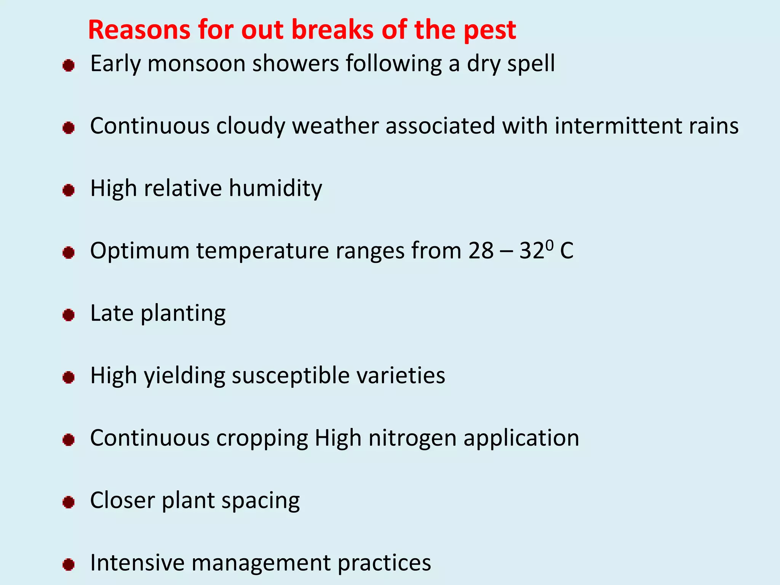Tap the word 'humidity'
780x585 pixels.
(275, 189)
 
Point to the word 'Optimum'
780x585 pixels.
(140, 252)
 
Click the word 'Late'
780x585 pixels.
(112, 313)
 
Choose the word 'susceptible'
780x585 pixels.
(291, 377)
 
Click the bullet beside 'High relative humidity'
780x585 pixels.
(69, 190)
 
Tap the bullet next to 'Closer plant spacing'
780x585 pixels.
(69, 502)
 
